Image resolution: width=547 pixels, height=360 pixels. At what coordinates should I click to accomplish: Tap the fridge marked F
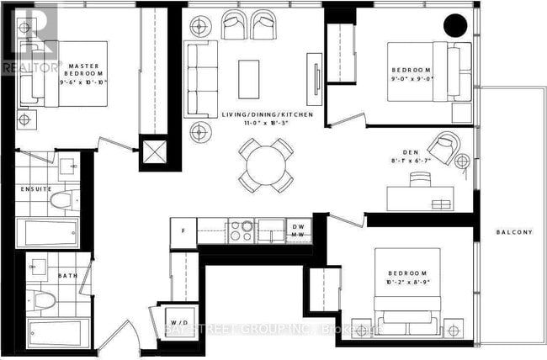[183, 231]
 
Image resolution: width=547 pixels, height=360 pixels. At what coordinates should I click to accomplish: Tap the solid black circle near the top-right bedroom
[455, 27]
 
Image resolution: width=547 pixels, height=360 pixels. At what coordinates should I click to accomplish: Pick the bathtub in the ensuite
[49, 233]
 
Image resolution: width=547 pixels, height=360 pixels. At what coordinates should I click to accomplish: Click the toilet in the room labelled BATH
[47, 298]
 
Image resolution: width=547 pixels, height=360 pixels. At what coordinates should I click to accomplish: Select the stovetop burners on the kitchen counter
[242, 230]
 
